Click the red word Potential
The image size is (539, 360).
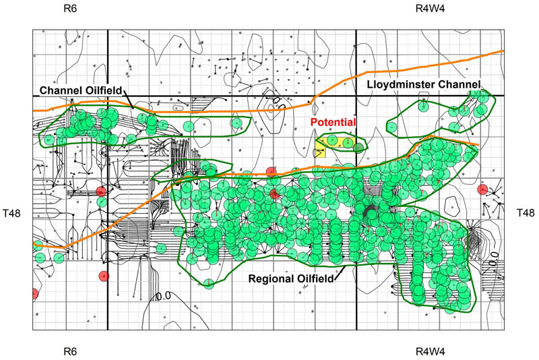pos(332,122)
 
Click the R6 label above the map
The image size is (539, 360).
pos(70,9)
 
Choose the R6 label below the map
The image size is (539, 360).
pos(70,351)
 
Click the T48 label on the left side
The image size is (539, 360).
pos(14,213)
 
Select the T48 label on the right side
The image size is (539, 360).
pos(526,213)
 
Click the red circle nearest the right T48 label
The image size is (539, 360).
pos(482,189)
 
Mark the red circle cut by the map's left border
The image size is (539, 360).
pos(34,294)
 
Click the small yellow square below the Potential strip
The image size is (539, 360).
pos(319,153)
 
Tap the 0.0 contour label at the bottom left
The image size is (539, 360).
pos(163,295)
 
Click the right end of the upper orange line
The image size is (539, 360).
pos(502,51)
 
